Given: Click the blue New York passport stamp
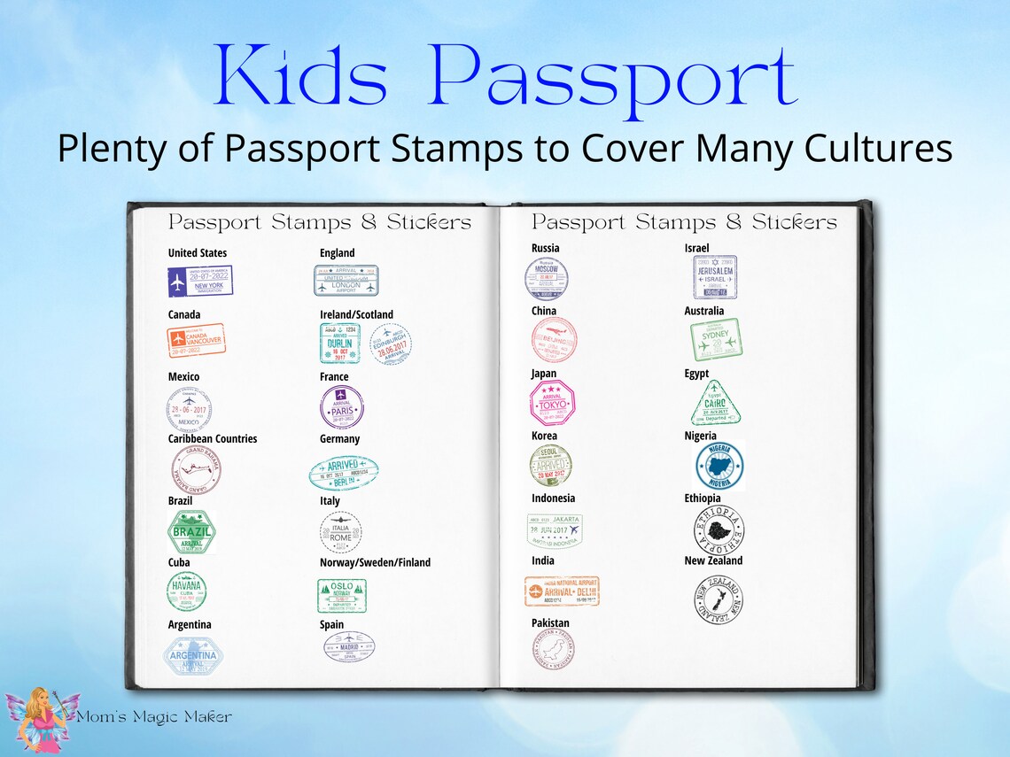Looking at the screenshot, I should coord(200,282).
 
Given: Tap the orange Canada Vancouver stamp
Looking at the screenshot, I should coord(196,340).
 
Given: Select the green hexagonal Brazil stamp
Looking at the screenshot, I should coord(191,531).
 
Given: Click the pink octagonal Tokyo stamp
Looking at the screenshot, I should coord(553,404).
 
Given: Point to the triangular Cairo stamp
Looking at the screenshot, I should coord(715,405).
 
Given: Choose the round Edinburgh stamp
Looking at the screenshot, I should coord(391,344).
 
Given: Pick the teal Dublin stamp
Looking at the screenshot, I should coord(340,344).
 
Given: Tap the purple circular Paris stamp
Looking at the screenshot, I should coord(341,406).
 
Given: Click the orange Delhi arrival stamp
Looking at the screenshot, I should coord(562,591).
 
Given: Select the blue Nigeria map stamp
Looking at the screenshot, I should coord(719,466).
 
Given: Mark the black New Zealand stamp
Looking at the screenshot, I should coord(719,599).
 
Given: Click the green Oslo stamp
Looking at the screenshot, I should coord(342,596).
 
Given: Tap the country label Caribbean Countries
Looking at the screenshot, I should coord(213,439).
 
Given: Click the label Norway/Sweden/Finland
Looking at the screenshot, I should coord(376,563).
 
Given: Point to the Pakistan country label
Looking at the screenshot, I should coord(550,623).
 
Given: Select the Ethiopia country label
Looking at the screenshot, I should coord(703,498).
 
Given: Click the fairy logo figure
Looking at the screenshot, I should coord(41,716).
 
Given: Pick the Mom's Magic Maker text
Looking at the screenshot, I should coord(154,717).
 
